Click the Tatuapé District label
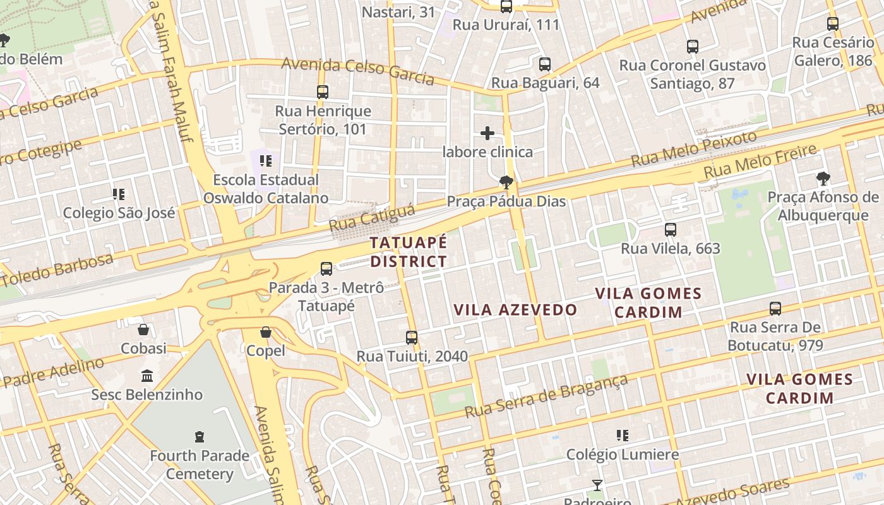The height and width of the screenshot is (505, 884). click(409, 252)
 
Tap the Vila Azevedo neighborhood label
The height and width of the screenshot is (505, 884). click(515, 309)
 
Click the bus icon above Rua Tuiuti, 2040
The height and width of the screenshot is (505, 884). click(412, 338)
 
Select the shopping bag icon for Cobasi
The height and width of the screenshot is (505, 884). click(143, 330)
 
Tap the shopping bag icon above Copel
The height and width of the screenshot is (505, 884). click(266, 332)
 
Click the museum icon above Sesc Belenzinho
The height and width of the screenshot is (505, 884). click(147, 376)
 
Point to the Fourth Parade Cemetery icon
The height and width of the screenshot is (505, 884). click(200, 437)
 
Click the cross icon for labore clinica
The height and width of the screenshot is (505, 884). click(487, 133)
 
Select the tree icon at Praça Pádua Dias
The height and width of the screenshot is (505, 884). click(506, 183)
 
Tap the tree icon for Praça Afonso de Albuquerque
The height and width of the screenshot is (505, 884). click(823, 179)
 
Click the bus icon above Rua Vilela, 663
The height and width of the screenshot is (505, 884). click(671, 230)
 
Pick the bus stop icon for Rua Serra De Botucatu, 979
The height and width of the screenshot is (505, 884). click(775, 309)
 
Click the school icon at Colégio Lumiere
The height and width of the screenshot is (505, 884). click(623, 436)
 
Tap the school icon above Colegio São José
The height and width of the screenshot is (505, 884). click(119, 194)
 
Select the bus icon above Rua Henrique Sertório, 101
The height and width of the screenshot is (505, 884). click(323, 92)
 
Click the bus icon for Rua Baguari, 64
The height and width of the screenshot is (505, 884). click(545, 64)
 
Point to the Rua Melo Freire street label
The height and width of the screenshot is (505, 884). click(760, 162)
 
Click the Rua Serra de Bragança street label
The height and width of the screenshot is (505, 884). click(547, 396)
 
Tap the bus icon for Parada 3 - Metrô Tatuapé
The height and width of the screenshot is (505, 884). click(326, 269)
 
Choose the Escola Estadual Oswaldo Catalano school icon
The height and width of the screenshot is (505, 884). click(265, 161)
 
